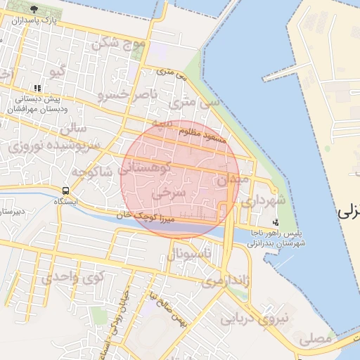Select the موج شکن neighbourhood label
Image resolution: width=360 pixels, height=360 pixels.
118,43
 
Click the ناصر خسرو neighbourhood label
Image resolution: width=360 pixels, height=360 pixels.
124,93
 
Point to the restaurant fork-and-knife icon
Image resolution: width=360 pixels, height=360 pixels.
37,89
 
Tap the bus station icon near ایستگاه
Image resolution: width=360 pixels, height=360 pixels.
65,191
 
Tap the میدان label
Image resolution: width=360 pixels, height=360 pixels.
232,180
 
